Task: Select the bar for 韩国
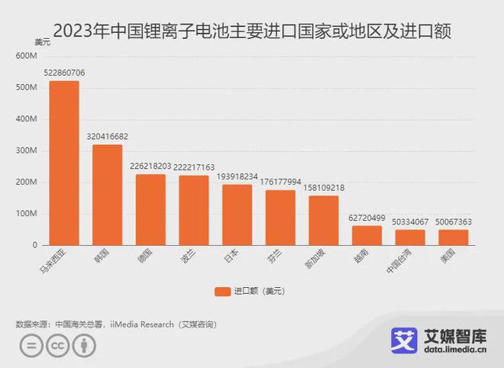(108, 195)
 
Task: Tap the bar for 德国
(150, 209)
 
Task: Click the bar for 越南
(367, 235)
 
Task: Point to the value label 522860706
(64, 73)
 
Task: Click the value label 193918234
(237, 176)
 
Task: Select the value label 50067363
(454, 221)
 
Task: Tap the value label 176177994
(280, 182)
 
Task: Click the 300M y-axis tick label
(26, 151)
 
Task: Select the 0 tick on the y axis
(34, 245)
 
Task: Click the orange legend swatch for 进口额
(222, 291)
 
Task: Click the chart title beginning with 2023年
(252, 31)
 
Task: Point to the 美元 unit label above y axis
(43, 42)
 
